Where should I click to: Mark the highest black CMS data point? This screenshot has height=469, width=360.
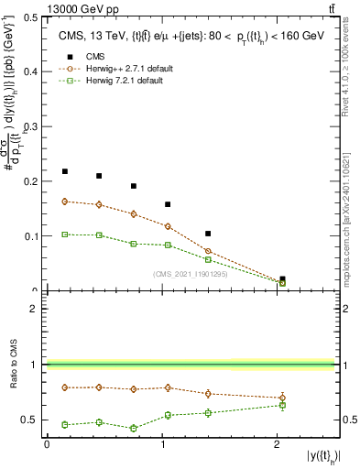(65, 171)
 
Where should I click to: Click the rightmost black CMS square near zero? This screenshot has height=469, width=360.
(282, 278)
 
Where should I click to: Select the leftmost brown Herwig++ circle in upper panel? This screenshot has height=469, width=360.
(65, 202)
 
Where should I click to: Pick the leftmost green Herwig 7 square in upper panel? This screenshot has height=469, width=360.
(65, 234)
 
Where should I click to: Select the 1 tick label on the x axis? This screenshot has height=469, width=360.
(162, 444)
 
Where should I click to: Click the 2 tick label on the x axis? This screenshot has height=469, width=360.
(277, 444)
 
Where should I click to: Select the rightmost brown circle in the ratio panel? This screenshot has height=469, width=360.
(282, 398)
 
